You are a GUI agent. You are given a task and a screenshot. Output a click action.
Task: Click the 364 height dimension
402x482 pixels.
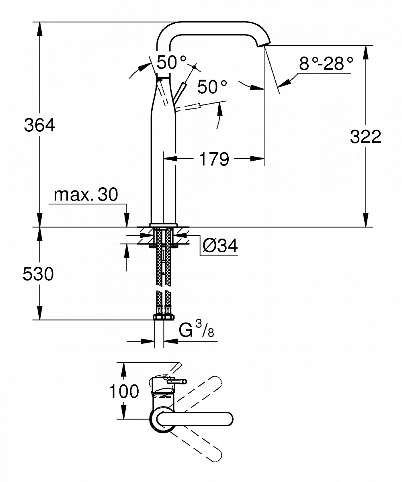pos(39,125)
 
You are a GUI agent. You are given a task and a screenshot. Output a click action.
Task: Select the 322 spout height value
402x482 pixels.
pos(365,137)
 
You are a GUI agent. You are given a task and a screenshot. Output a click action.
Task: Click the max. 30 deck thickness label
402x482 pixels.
pos(86,195)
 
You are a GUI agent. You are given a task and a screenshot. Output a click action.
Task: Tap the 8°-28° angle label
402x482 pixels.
pos(326,63)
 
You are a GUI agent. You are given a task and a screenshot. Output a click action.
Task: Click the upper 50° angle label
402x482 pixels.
pos(172,62)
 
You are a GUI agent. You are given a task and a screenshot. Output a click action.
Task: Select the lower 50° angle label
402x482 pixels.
pos(212,87)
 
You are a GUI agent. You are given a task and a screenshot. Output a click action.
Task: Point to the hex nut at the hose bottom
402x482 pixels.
pos(163,317)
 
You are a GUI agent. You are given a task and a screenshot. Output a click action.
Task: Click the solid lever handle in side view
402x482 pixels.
pos(180,92)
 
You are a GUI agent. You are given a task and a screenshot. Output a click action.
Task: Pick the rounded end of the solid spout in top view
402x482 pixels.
pos(228,418)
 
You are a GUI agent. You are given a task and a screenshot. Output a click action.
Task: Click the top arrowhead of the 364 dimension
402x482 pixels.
pos(39,27)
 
